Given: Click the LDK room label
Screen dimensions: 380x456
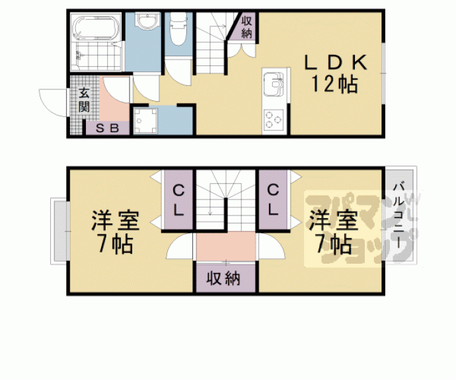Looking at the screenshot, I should tap(334, 63).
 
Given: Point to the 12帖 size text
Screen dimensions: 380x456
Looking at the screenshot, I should tap(334, 85).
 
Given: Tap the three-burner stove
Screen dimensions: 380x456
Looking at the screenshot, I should tap(273, 119).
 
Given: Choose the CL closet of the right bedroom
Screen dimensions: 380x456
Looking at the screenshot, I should tap(272, 199).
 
